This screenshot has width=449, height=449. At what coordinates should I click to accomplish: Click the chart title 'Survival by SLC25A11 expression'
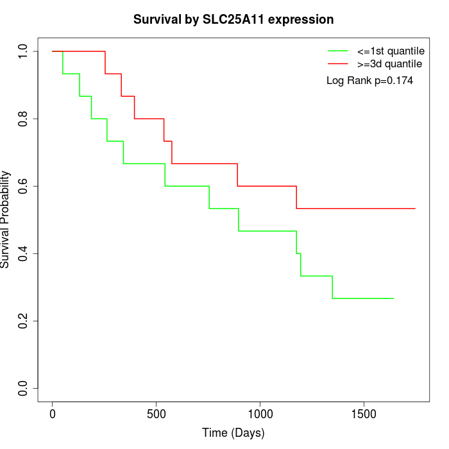233,20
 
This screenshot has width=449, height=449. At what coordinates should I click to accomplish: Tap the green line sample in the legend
338,50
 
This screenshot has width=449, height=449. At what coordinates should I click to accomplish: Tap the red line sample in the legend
338,64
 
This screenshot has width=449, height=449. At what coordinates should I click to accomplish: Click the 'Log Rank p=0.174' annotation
369,81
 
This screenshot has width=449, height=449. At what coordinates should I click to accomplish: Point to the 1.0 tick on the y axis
24,51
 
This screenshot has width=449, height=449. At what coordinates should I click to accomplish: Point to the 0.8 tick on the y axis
24,119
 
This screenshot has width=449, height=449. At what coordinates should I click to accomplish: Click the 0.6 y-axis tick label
24,186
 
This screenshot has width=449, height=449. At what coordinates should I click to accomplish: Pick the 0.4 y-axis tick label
24,253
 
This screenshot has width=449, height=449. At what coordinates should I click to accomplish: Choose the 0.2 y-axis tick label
24,321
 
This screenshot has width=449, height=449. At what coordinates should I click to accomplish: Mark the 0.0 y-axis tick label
24,388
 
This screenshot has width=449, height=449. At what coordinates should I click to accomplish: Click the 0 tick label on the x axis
53,414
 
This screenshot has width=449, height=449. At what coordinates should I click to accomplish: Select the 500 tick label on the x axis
157,414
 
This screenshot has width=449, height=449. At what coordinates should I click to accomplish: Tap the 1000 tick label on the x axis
260,414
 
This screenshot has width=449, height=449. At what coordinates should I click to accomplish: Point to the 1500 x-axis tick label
364,414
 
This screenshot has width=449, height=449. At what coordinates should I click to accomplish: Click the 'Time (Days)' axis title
233,433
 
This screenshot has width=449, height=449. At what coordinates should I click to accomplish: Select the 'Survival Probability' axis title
6,219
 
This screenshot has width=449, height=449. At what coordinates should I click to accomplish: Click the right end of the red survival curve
415,208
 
